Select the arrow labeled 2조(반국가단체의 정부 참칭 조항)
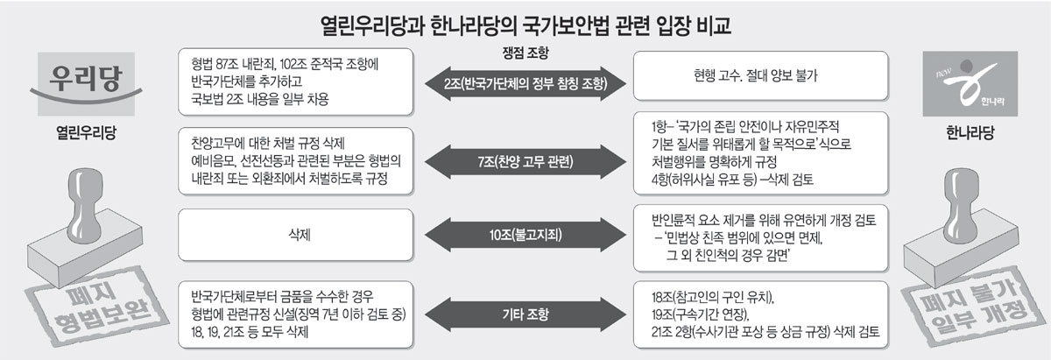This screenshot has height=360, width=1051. coord(525,84)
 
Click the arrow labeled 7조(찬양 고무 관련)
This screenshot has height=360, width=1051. coord(525,163)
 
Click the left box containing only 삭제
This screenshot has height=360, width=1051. coord(294,234)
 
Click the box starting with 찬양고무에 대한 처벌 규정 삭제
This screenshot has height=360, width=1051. coord(294,163)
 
